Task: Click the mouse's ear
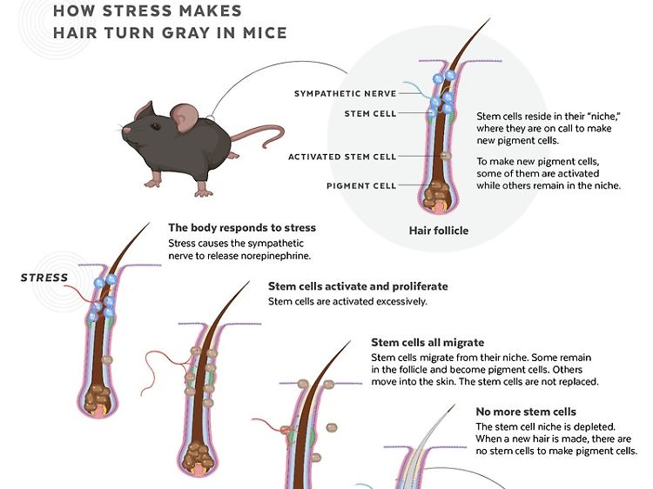pyautogui.click(x=185, y=117)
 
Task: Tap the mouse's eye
pyautogui.click(x=145, y=121)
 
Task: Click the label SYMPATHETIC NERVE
pyautogui.click(x=345, y=93)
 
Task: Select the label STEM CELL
pyautogui.click(x=370, y=113)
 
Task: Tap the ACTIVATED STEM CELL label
pyautogui.click(x=342, y=157)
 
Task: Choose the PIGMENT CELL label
pyautogui.click(x=361, y=185)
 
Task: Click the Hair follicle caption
pyautogui.click(x=439, y=231)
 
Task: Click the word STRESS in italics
pyautogui.click(x=44, y=278)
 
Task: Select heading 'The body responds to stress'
pyautogui.click(x=241, y=228)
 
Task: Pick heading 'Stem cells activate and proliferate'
pyautogui.click(x=358, y=286)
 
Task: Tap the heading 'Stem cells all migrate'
pyautogui.click(x=427, y=343)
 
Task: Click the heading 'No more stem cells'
pyautogui.click(x=525, y=412)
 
